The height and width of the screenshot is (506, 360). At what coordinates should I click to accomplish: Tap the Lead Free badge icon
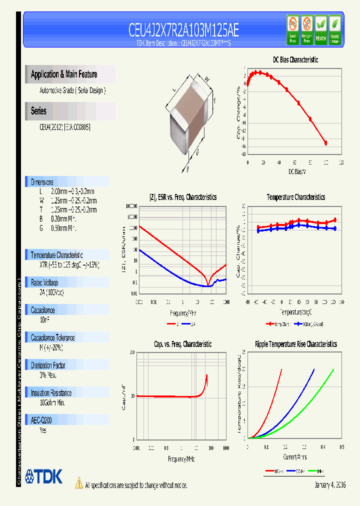tap(292, 29)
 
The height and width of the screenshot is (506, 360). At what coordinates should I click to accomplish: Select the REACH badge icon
tap(320, 29)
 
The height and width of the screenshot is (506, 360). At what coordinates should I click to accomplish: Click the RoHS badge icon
tap(334, 29)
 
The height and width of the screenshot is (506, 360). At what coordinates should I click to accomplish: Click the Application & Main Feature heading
tap(64, 74)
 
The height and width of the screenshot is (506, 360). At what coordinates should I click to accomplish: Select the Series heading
tap(39, 111)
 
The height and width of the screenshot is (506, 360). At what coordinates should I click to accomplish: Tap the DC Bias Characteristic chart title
tap(295, 59)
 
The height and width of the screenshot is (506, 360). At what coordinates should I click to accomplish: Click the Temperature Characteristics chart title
tap(295, 197)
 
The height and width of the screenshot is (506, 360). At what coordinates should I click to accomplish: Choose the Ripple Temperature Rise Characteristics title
tap(295, 344)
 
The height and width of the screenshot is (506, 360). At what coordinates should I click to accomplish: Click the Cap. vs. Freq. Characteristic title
tap(182, 344)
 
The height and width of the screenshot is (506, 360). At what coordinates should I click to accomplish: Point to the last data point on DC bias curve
tap(326, 143)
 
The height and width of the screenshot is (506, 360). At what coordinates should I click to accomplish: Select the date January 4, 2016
tap(330, 485)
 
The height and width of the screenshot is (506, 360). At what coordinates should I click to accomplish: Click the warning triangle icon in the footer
tap(78, 483)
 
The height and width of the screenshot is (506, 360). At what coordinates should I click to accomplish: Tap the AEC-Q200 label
tap(42, 420)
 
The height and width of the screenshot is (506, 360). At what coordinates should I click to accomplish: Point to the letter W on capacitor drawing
tap(206, 78)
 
